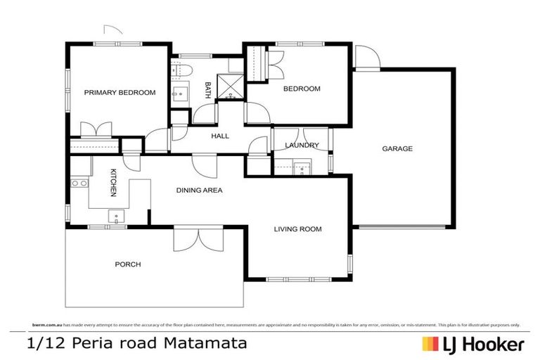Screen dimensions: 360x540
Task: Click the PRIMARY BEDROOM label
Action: (120, 92)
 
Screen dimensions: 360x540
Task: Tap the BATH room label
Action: (207, 89)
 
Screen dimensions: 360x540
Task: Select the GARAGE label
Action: (397, 149)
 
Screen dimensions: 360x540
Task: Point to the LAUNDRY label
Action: (302, 146)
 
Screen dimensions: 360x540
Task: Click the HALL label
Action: (220, 136)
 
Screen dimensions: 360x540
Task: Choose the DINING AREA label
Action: (199, 190)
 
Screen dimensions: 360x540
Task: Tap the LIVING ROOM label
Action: (297, 229)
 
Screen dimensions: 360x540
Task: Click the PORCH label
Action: (128, 265)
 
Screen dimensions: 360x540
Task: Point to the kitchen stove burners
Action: (78, 184)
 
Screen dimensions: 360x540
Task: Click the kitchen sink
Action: (112, 216)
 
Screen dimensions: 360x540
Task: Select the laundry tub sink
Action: (302, 167)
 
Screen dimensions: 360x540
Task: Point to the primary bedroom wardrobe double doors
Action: (94, 130)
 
